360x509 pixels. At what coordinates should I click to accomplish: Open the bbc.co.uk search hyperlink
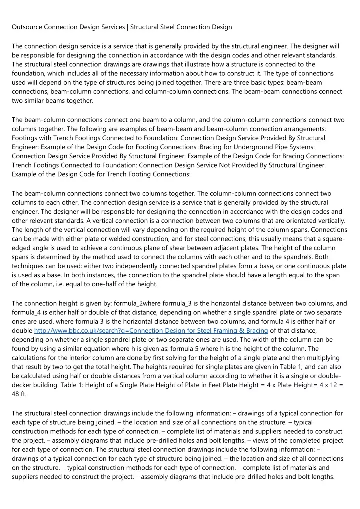[151, 331]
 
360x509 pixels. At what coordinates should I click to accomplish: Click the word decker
[23, 386]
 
